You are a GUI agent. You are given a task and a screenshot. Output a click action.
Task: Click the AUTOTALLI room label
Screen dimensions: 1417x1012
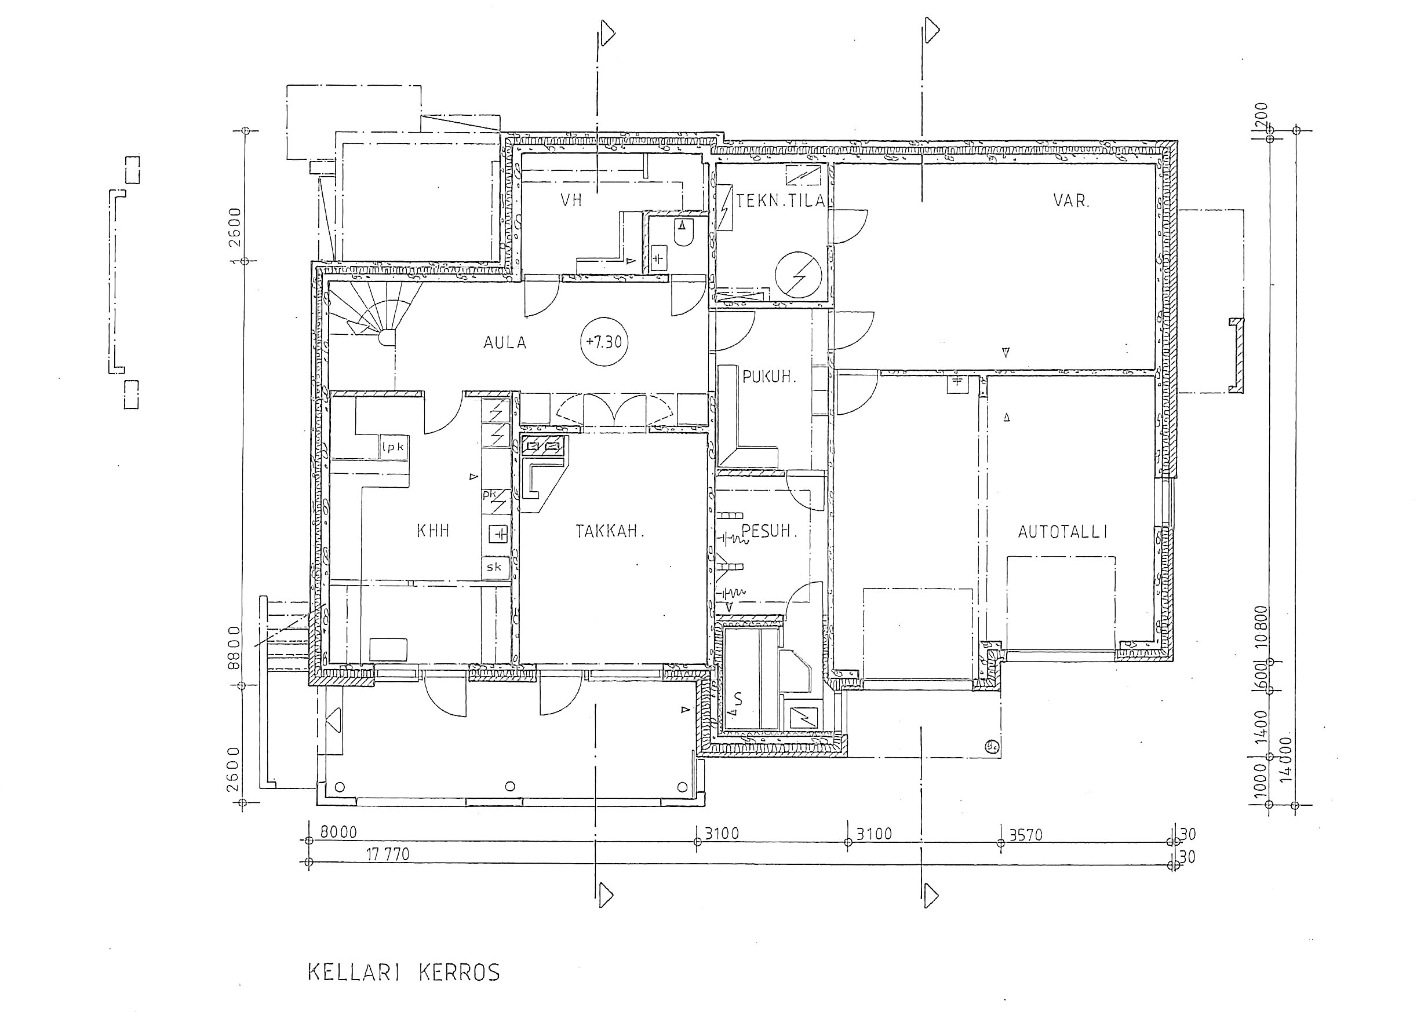pyautogui.click(x=1062, y=532)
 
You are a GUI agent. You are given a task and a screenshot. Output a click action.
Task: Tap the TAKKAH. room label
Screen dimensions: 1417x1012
pyautogui.click(x=609, y=532)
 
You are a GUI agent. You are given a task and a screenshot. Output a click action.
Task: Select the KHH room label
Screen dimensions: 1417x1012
pyautogui.click(x=433, y=531)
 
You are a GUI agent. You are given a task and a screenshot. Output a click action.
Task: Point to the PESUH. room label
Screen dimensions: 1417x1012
pyautogui.click(x=769, y=531)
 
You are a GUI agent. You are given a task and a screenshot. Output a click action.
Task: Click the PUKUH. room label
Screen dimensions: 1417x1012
pyautogui.click(x=769, y=377)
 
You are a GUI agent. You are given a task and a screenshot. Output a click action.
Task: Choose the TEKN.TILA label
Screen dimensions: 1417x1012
pyautogui.click(x=781, y=200)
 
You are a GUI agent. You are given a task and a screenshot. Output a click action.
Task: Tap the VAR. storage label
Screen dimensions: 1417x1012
pyautogui.click(x=1072, y=200)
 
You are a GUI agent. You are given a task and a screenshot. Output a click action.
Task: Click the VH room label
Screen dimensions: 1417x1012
pyautogui.click(x=571, y=200)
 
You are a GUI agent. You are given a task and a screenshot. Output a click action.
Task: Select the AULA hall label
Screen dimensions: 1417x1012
pyautogui.click(x=505, y=343)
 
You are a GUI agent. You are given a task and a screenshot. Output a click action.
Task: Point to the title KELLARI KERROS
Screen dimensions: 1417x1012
pyautogui.click(x=404, y=973)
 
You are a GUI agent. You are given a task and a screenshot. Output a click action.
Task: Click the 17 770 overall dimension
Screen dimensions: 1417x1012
pyautogui.click(x=388, y=854)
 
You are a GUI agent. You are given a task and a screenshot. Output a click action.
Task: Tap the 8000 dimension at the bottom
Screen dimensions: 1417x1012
pyautogui.click(x=338, y=832)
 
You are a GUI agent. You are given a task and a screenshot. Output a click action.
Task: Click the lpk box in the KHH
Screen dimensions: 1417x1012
pyautogui.click(x=393, y=447)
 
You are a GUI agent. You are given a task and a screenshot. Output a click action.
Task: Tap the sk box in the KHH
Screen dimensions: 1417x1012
pyautogui.click(x=495, y=567)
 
